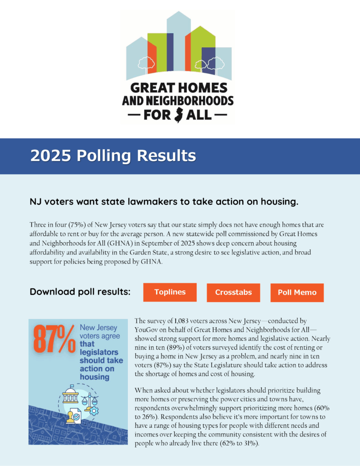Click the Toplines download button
(170, 292)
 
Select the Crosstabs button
(233, 293)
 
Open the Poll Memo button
(297, 293)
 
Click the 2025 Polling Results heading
(113, 156)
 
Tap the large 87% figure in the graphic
(54, 339)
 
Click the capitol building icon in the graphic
(71, 396)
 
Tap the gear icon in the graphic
(94, 410)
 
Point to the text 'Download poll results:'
(80, 292)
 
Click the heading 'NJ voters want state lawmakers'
(164, 201)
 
